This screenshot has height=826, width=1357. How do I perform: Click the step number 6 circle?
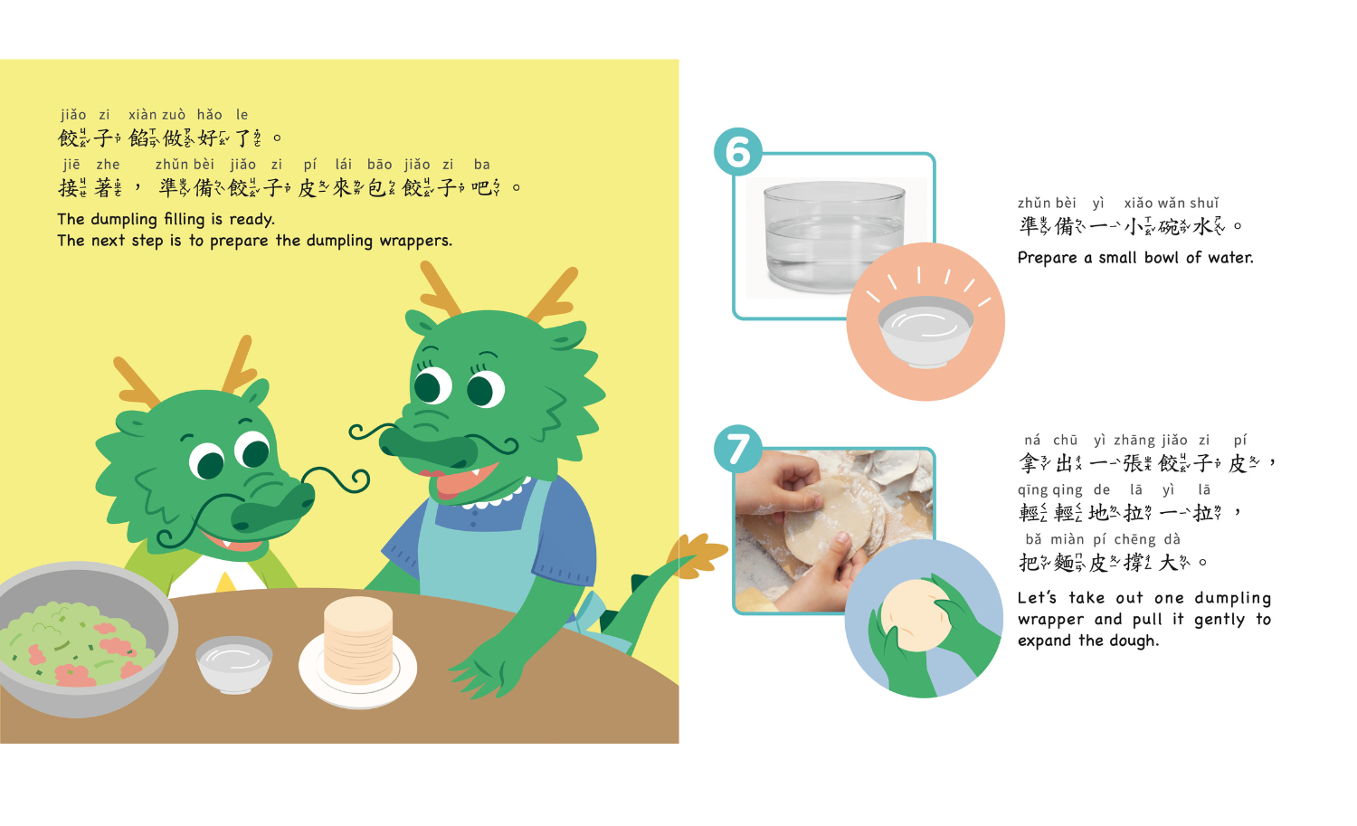(x=738, y=151)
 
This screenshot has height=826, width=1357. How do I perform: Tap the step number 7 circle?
(x=738, y=449)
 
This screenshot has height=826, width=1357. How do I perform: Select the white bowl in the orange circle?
(x=925, y=330)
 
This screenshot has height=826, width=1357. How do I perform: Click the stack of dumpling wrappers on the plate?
(x=358, y=641)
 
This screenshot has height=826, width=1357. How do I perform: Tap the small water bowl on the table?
(x=233, y=663)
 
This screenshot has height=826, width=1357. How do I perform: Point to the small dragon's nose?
(x=276, y=510)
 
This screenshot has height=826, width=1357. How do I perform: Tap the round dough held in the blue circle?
(x=915, y=614)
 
